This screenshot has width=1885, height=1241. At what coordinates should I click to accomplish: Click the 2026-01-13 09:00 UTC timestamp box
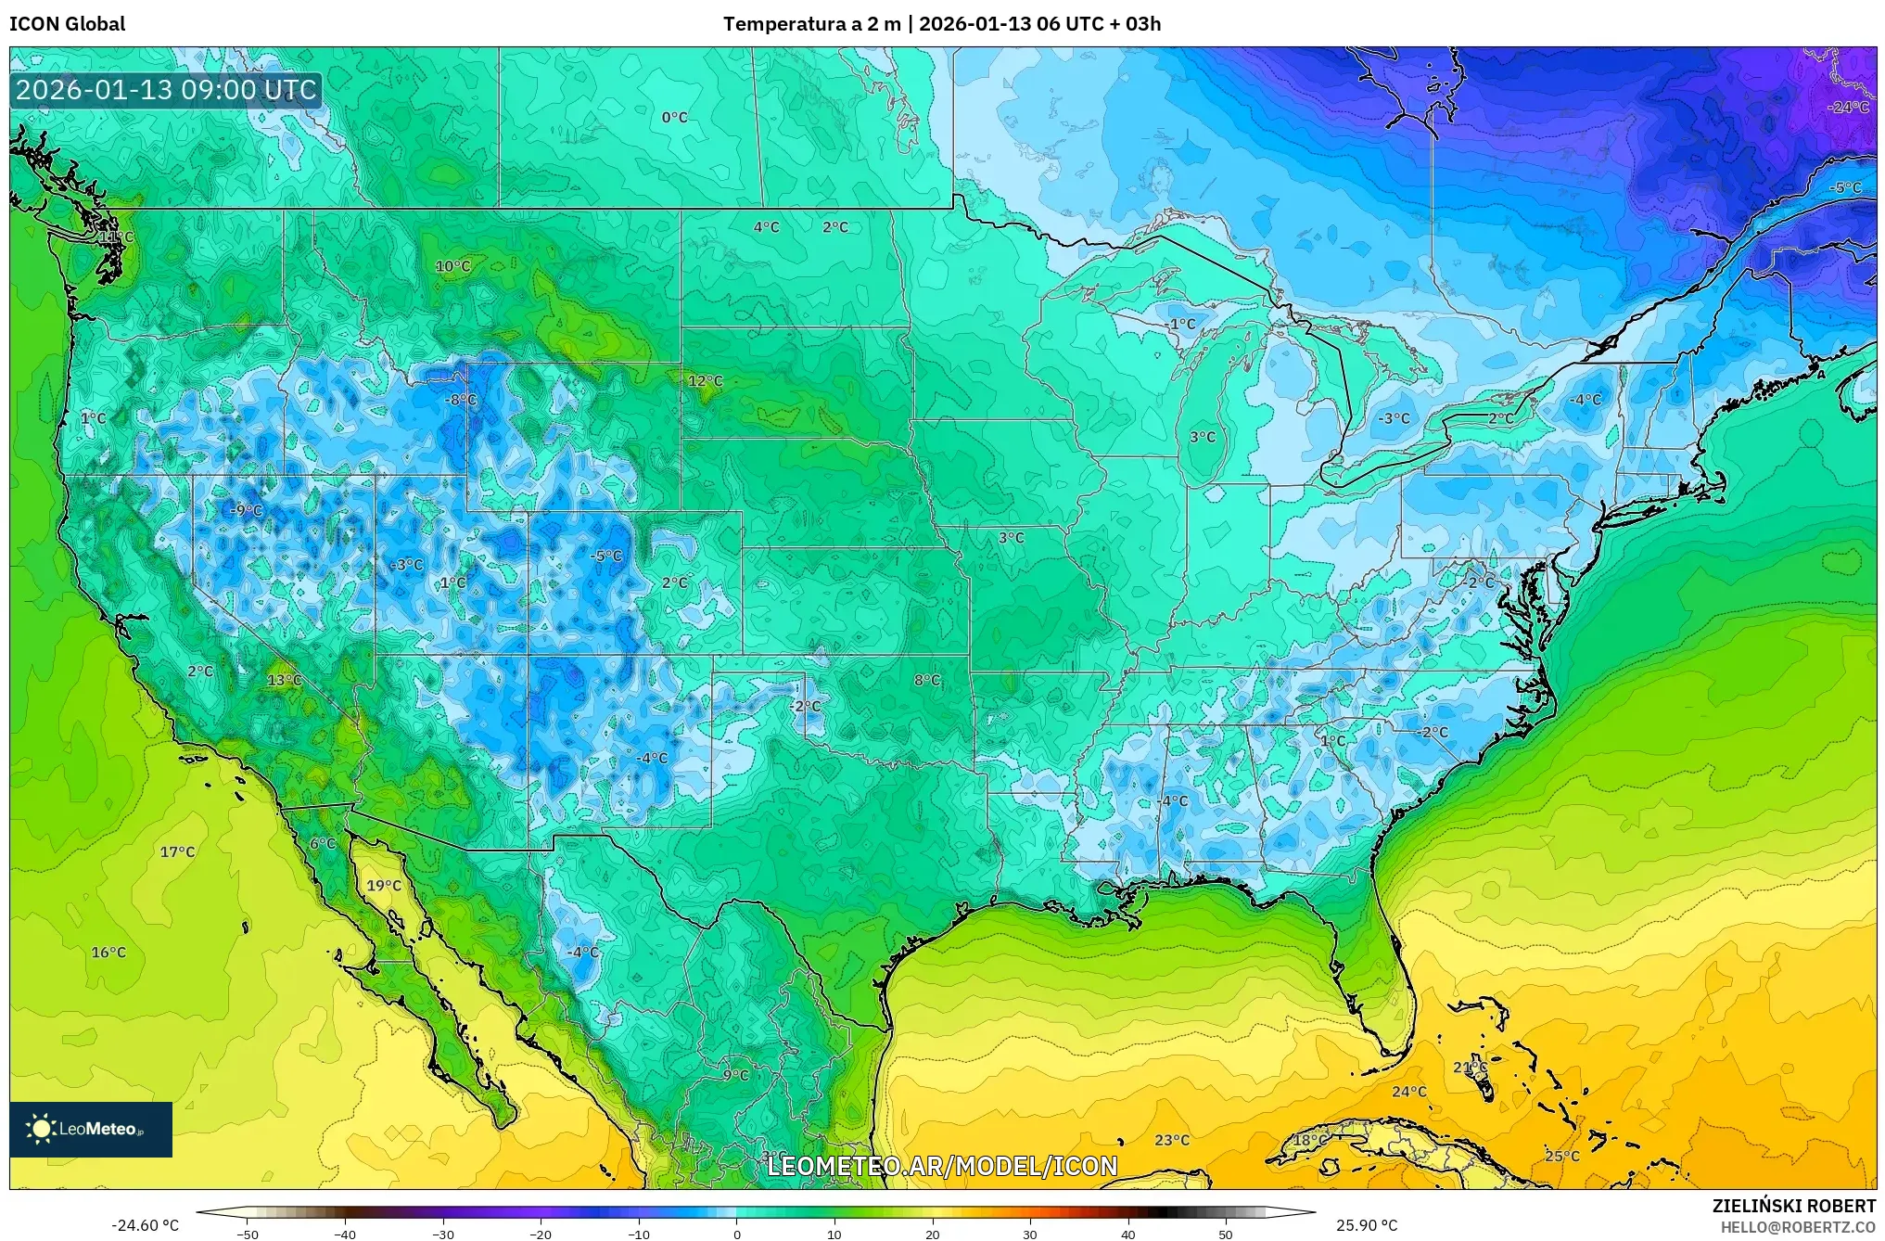coord(166,91)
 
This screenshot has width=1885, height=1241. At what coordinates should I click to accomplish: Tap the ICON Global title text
coord(67,24)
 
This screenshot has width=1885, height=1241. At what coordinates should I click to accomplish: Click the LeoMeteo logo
coord(91,1129)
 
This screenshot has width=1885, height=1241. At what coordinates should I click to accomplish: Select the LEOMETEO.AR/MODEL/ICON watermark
coord(942,1166)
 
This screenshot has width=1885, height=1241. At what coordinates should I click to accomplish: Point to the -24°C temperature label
coord(1848,107)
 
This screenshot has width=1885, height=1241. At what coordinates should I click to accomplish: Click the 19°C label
coord(384,886)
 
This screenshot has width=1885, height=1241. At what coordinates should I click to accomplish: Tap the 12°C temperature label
coord(705,381)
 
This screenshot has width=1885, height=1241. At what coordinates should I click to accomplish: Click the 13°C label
coord(284,680)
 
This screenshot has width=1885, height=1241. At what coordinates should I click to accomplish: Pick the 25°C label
coord(1561,1156)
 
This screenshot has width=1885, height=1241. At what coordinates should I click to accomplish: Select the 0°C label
coord(674,118)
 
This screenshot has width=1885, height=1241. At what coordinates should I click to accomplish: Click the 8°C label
coord(926,680)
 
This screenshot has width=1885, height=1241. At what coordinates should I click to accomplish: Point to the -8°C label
coord(461,400)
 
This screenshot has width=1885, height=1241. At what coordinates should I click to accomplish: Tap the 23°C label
coord(1171,1140)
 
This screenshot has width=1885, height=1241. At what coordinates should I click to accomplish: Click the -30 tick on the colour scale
coord(443,1234)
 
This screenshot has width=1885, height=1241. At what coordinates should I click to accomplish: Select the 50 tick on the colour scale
coord(1226,1234)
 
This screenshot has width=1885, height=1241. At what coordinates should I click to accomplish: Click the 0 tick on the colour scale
coord(737,1234)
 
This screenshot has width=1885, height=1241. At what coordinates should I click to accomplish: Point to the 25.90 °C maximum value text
coord(1366,1225)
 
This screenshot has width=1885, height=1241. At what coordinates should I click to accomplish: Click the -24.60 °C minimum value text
coord(146,1225)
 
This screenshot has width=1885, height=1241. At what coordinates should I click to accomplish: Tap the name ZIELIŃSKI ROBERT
coord(1793,1206)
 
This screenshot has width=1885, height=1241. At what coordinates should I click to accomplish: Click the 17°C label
coord(177,851)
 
